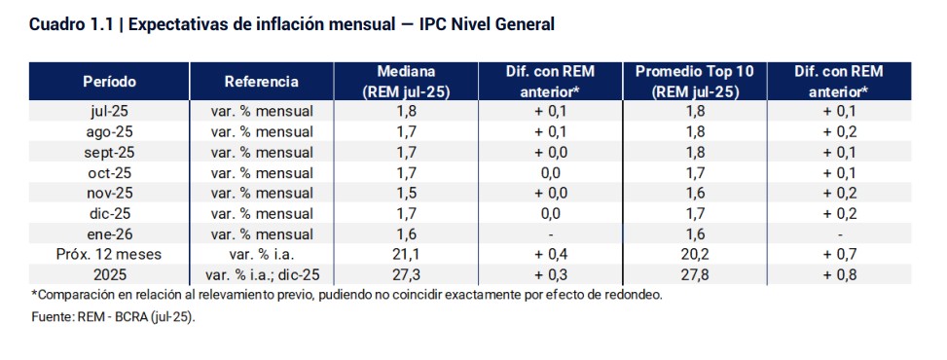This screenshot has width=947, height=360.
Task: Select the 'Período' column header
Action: pos(109,82)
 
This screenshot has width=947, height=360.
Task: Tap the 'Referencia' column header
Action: pos(261,82)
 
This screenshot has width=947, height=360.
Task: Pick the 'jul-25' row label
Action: pos(109,111)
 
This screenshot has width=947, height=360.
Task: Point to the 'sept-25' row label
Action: pos(109,153)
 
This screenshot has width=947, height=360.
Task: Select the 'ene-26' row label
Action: pos(109,234)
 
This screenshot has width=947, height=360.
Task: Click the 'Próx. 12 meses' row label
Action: pos(109,255)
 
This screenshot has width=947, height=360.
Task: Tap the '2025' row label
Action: pos(109,275)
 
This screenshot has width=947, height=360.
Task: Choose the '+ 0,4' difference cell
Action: pos(550,255)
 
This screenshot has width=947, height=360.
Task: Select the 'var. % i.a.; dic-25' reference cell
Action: pos(261,275)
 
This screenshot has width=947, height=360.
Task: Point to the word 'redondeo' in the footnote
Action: pos(634,295)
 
